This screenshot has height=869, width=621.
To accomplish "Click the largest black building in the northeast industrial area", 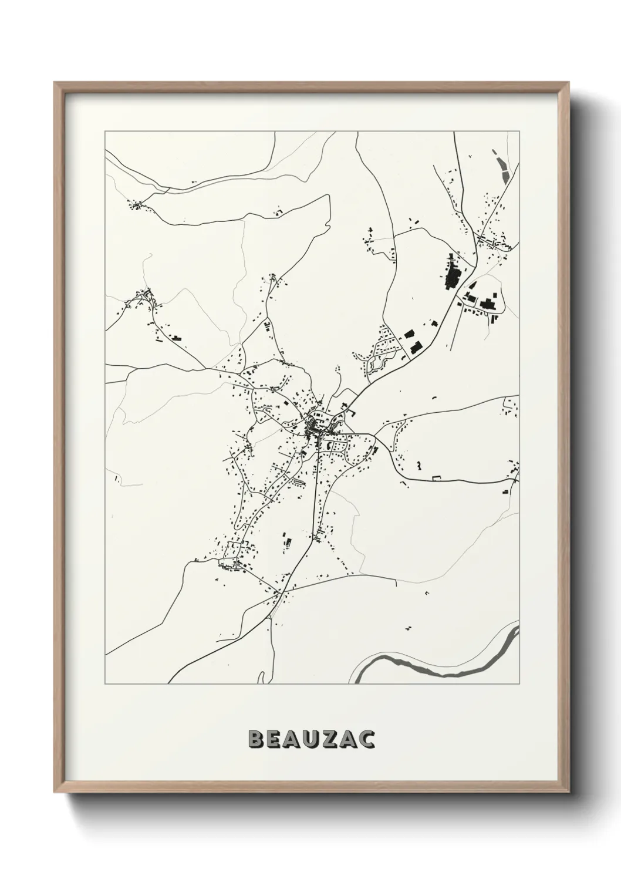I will coord(453,275).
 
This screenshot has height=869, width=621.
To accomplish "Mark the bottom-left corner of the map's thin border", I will coord(104,683).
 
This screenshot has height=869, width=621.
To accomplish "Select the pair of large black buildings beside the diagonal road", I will coord(412,342).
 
